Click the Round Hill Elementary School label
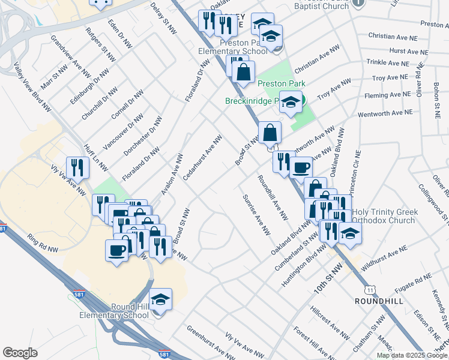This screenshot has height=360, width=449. pos(115,311)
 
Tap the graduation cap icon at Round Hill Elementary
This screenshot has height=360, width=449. pos(161,299)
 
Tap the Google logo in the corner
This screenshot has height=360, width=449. pos(20,353)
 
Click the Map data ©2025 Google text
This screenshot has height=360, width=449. pos(412,355)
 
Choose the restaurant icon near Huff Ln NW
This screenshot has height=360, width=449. pos(77,167)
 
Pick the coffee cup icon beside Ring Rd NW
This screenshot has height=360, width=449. pos(116,250)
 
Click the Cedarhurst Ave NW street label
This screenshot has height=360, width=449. pos(203,157)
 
